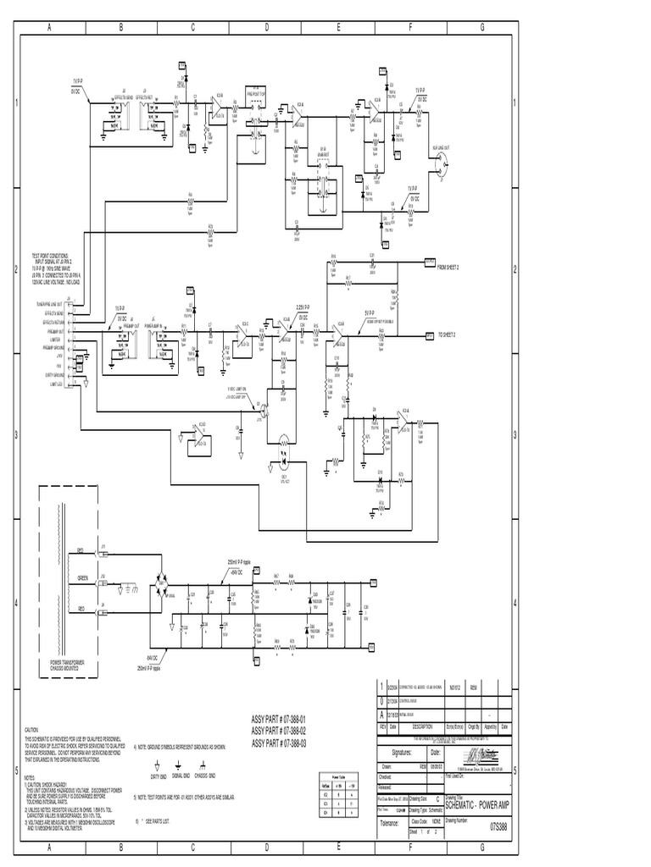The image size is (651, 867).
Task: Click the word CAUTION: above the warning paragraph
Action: pos(32,728)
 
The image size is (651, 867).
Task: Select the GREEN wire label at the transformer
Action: pos(83,579)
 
